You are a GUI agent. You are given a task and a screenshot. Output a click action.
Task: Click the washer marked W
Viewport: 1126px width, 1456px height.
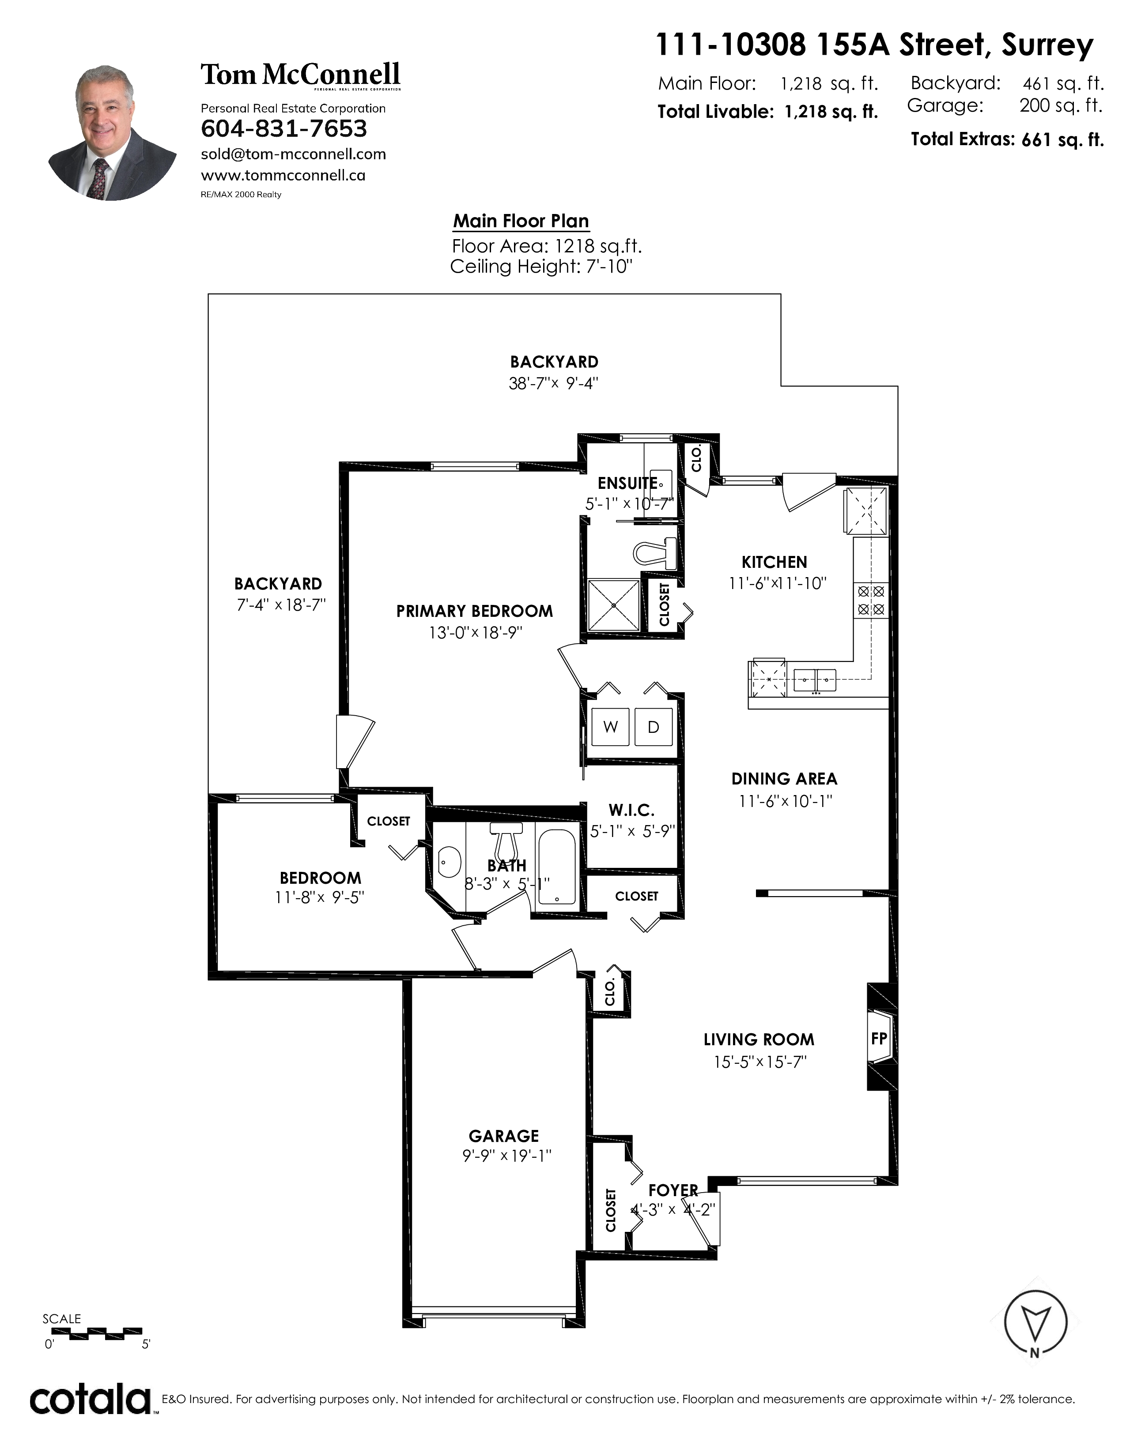[610, 727]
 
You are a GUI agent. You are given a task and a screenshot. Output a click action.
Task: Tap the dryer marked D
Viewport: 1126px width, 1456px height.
[653, 727]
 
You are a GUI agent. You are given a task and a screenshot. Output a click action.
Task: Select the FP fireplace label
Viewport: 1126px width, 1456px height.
[879, 1038]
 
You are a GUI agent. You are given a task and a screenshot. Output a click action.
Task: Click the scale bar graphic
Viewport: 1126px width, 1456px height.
[97, 1332]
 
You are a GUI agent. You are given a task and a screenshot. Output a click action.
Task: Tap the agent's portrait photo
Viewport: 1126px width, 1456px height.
[112, 132]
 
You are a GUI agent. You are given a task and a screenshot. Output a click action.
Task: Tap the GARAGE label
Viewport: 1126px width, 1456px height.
[504, 1136]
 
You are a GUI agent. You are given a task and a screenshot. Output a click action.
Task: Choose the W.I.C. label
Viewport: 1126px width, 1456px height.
[631, 810]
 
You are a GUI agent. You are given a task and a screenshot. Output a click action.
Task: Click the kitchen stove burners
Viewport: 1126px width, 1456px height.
[870, 600]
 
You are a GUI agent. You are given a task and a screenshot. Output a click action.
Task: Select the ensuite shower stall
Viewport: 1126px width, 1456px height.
[613, 604]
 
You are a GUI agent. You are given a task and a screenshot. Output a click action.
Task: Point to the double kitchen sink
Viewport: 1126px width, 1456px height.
[815, 680]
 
